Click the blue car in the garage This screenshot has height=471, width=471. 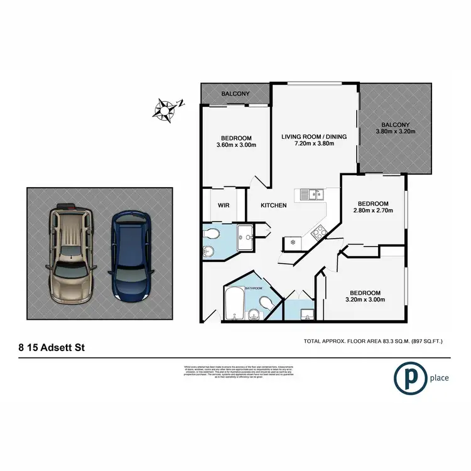[x=132, y=255]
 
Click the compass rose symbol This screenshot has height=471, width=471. [x=165, y=109]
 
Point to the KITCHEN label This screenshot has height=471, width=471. [x=274, y=205]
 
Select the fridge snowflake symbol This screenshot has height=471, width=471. [x=292, y=241]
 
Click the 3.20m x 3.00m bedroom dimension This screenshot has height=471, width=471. [x=365, y=300]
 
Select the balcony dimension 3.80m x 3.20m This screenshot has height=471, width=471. [x=396, y=132]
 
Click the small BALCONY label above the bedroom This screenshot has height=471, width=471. [x=235, y=94]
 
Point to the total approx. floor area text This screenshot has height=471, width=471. [x=373, y=341]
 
